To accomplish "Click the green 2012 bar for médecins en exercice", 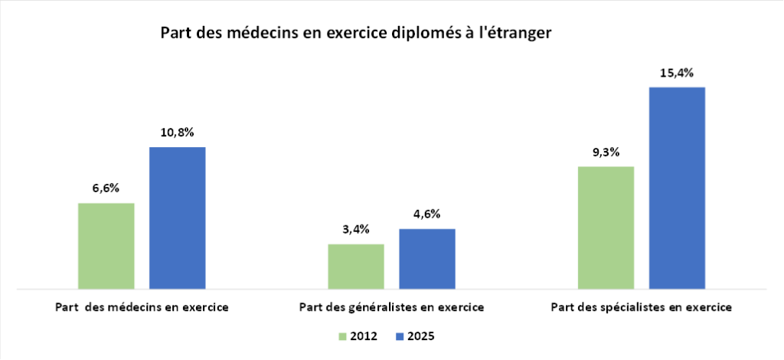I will point(106,246).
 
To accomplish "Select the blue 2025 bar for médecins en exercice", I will point(177,218).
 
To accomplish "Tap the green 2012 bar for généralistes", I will point(356,267).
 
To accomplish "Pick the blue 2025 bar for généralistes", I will point(426,259).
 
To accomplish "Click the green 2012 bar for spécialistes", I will point(606,227).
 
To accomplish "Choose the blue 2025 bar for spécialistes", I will point(677,188).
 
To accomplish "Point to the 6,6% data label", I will point(106,188).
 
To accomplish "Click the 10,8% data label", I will point(177,133).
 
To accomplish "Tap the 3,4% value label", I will point(356,229).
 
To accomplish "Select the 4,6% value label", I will point(426,214).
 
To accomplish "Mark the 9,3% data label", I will point(606,152).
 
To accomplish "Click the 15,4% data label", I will point(677,74).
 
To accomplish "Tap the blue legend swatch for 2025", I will point(399,336).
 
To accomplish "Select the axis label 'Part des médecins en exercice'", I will point(142,307).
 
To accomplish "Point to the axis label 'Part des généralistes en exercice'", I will point(390,307).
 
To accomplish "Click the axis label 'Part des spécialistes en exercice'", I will point(641,307).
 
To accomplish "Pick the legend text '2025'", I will point(421,336).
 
